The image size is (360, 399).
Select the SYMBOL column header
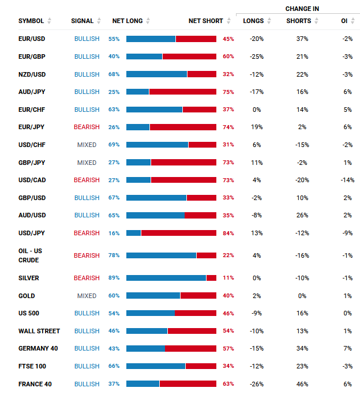pyautogui.click(x=31, y=21)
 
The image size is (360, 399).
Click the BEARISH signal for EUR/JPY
pyautogui.click(x=87, y=127)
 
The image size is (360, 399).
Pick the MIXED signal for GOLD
pyautogui.click(x=87, y=296)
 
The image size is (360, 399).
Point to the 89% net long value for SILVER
pyautogui.click(x=114, y=278)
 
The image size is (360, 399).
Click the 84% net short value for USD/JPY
pyautogui.click(x=228, y=233)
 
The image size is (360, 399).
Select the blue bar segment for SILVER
pyautogui.click(x=166, y=278)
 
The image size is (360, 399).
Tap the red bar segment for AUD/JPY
pyautogui.click(x=183, y=92)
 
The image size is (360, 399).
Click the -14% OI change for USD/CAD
pyautogui.click(x=347, y=180)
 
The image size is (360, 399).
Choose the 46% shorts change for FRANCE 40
pyautogui.click(x=302, y=384)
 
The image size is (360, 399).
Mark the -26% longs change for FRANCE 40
pyautogui.click(x=256, y=384)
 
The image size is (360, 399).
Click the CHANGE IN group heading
pyautogui.click(x=302, y=9)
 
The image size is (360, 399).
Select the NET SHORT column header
pyautogui.click(x=205, y=21)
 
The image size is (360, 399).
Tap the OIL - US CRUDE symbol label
pyautogui.click(x=30, y=255)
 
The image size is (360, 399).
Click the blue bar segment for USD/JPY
pyautogui.click(x=133, y=233)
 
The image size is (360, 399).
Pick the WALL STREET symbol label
pyautogui.click(x=39, y=331)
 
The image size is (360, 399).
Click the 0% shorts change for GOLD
pyautogui.click(x=302, y=296)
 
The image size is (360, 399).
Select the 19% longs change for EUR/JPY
pyautogui.click(x=257, y=127)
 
